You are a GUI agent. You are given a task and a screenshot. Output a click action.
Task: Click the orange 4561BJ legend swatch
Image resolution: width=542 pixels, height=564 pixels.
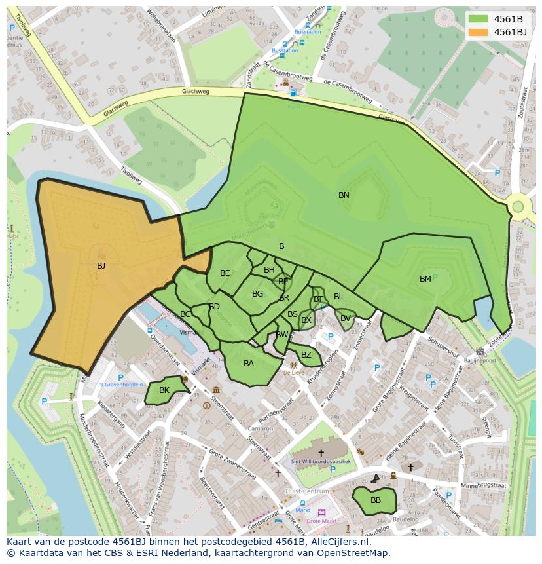[x=479, y=31]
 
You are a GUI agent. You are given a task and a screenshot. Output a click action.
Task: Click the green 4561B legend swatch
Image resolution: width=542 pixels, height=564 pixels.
[x=479, y=18]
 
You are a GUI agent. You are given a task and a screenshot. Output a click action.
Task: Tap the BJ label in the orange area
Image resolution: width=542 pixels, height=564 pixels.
[x=101, y=266]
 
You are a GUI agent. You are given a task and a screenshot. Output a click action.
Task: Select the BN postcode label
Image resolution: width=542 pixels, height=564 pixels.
[x=344, y=195]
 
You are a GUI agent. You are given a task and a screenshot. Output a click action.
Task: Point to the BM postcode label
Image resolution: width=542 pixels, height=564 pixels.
[x=425, y=279]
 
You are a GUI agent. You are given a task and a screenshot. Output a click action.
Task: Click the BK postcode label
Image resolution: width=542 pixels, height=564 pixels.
[x=164, y=390]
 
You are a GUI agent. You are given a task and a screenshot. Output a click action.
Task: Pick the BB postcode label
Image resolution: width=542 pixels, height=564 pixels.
[x=376, y=500]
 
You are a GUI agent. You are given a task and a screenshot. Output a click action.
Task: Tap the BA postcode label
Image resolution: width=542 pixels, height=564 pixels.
[x=249, y=364]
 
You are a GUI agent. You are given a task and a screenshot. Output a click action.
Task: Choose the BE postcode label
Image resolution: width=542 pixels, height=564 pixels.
[x=225, y=273]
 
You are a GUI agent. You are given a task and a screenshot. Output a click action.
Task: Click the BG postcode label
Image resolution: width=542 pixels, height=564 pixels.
[x=257, y=294]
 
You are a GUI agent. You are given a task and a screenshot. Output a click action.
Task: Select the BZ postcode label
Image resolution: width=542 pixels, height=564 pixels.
[x=306, y=355]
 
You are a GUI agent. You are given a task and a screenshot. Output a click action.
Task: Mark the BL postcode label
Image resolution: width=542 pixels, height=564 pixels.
[x=338, y=297]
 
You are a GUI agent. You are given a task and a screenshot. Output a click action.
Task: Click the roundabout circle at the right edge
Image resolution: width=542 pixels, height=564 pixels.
[x=518, y=207]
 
